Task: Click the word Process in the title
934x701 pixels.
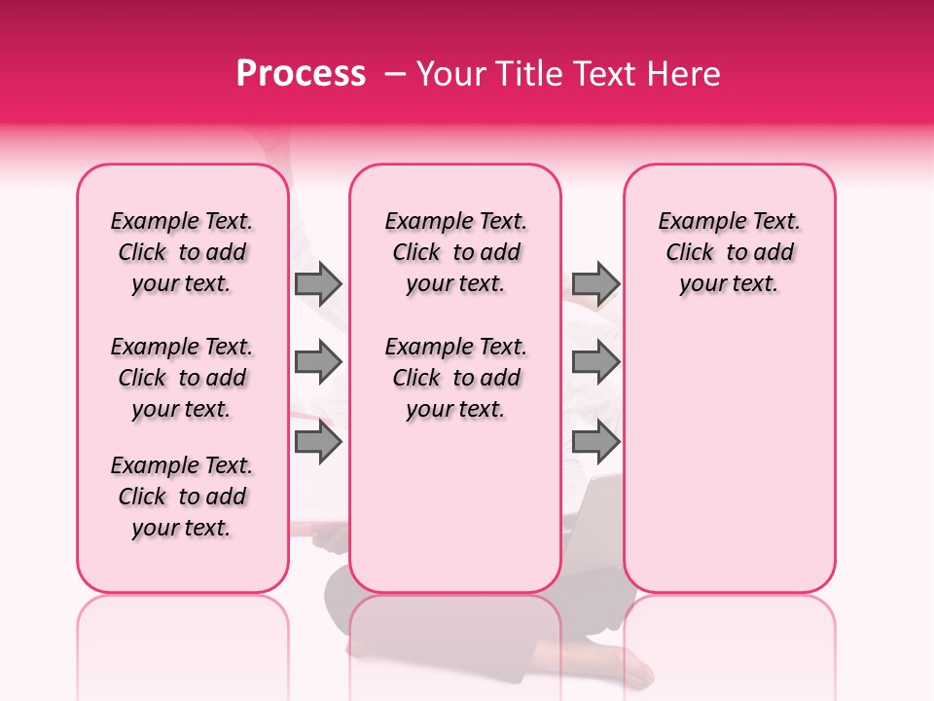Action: pyautogui.click(x=301, y=74)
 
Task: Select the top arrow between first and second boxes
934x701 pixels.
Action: pyautogui.click(x=318, y=283)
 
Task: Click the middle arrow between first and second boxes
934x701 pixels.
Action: pyautogui.click(x=318, y=362)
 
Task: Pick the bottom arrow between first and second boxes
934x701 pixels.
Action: pyautogui.click(x=318, y=442)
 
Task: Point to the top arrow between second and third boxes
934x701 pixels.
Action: pyautogui.click(x=595, y=283)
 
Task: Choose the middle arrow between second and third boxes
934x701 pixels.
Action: pyautogui.click(x=595, y=362)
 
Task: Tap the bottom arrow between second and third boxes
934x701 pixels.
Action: pyautogui.click(x=595, y=442)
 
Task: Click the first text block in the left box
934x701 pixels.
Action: pyautogui.click(x=182, y=252)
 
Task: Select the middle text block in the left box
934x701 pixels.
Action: pyautogui.click(x=182, y=378)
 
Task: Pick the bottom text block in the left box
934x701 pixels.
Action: pyautogui.click(x=182, y=497)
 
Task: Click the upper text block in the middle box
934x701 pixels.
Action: pyautogui.click(x=455, y=252)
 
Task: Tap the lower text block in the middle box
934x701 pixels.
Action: pyautogui.click(x=455, y=378)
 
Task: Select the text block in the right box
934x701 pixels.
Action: pyautogui.click(x=729, y=252)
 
